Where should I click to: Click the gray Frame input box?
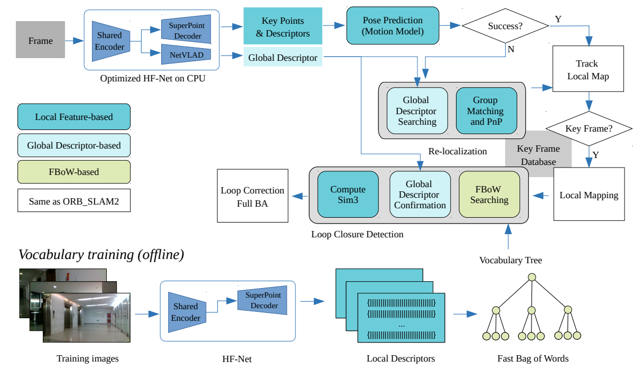point(40,40)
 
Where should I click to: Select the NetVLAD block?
point(186,54)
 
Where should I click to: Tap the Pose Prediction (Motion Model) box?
point(393,25)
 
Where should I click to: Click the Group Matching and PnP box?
point(485,110)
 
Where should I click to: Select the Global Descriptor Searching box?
point(417,110)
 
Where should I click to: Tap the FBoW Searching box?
point(489,195)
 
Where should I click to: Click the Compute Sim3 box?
point(348,195)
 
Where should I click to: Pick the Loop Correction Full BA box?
point(253,196)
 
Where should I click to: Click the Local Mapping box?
point(589,195)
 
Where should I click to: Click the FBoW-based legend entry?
point(73,172)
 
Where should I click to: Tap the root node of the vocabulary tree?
point(532,277)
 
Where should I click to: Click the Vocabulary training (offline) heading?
point(101,255)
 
